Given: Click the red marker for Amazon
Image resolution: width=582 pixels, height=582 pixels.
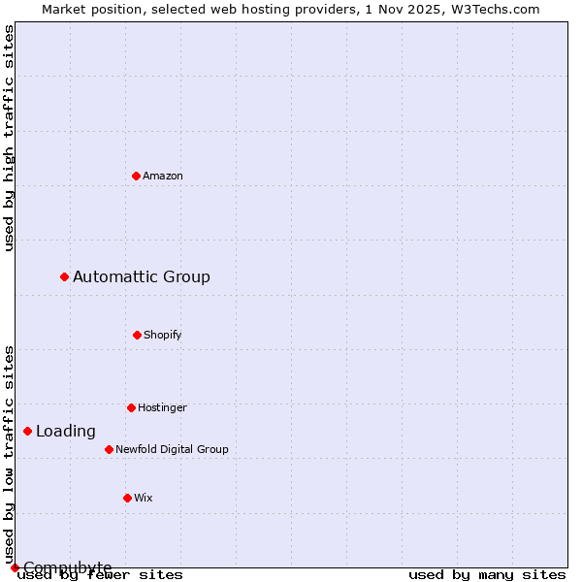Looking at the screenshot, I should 136,176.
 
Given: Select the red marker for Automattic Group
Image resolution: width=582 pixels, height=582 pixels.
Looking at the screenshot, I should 65,277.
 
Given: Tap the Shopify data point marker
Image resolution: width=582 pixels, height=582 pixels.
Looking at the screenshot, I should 137,335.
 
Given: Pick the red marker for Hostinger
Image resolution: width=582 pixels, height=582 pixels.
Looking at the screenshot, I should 131,407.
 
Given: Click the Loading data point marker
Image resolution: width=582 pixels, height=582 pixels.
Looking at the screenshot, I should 28,431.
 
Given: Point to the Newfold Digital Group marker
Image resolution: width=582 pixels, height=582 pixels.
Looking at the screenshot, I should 109,449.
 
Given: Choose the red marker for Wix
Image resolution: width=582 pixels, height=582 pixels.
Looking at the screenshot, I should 127,498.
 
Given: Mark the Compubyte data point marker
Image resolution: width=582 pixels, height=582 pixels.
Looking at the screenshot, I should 15,567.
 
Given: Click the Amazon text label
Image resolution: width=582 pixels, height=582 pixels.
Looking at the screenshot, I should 163,176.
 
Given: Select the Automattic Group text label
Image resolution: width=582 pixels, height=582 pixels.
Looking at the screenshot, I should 142,277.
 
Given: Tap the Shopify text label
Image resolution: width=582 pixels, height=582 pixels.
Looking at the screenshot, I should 163,335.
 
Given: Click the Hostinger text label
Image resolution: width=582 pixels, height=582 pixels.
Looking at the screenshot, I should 162,407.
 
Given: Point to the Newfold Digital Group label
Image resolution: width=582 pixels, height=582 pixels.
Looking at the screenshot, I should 172,449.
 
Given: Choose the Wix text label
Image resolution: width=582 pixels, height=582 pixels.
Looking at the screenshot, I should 144,498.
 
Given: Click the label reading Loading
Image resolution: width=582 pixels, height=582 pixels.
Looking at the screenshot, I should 66,432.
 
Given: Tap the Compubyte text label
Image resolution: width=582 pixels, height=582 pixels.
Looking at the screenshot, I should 68,567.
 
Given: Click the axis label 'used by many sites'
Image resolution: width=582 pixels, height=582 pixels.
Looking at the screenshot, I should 487,575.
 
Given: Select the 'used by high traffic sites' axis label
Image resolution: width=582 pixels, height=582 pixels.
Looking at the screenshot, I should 9,138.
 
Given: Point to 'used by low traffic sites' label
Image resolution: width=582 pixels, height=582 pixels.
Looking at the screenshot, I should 9,454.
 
